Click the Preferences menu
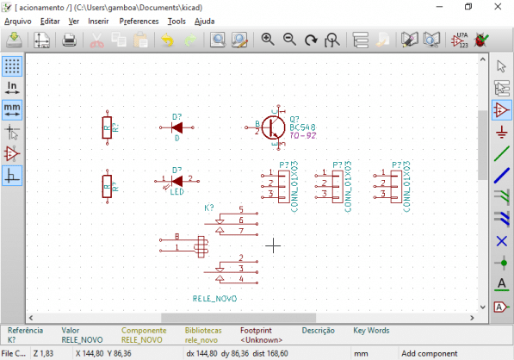(x=139, y=20)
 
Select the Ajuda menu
(x=205, y=20)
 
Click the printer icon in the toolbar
(x=70, y=40)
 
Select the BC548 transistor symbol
(x=274, y=127)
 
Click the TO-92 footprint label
(x=302, y=136)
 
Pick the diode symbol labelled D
(x=176, y=127)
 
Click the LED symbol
(x=176, y=181)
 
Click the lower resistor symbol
(x=106, y=185)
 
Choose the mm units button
(x=12, y=109)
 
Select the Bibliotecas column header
(x=203, y=330)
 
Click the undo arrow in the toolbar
(x=166, y=40)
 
